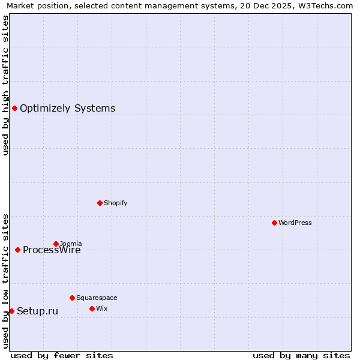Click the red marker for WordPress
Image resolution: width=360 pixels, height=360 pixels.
(x=274, y=223)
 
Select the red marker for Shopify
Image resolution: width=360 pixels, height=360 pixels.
(x=100, y=203)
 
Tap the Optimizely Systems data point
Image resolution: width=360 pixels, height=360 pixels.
(x=14, y=108)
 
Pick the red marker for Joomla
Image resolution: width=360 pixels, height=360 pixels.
(x=56, y=244)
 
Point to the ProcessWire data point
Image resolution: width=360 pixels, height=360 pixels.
(x=17, y=250)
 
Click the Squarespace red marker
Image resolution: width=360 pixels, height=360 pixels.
(x=72, y=298)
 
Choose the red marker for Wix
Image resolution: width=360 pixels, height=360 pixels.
(x=92, y=308)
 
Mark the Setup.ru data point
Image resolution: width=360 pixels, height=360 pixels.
(x=11, y=311)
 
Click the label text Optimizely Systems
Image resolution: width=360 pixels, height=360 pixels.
(x=67, y=109)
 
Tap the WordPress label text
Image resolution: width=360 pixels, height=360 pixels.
(x=295, y=223)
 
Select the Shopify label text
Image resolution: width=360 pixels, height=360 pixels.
(x=115, y=203)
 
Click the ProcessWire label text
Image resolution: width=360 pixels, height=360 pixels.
(x=52, y=250)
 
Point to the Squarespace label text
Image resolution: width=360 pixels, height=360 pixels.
(x=97, y=298)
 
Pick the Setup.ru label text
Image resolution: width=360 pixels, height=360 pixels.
(x=37, y=311)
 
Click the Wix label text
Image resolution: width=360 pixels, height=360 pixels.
(x=101, y=308)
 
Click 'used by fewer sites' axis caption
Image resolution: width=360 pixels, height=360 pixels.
(x=62, y=355)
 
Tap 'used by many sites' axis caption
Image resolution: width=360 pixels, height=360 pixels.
(x=301, y=355)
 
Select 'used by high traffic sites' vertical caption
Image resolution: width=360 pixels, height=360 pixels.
(x=5, y=85)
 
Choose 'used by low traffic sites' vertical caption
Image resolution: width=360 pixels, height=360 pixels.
(x=5, y=281)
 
